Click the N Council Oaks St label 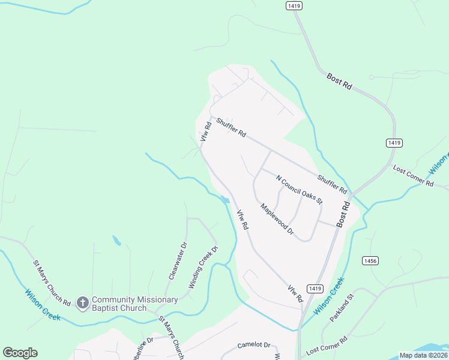299,190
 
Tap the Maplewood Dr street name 277,218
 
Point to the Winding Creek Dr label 202,267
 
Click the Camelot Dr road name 254,345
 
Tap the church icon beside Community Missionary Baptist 83,302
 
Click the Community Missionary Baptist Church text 135,304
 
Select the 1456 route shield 370,260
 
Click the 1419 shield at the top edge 294,5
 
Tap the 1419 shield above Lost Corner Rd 394,143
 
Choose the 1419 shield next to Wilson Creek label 312,289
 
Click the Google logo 20,352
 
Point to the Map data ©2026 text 423,355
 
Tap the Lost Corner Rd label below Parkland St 327,347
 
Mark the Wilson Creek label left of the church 42,305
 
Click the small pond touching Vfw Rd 225,200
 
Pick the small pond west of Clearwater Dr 117,241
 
